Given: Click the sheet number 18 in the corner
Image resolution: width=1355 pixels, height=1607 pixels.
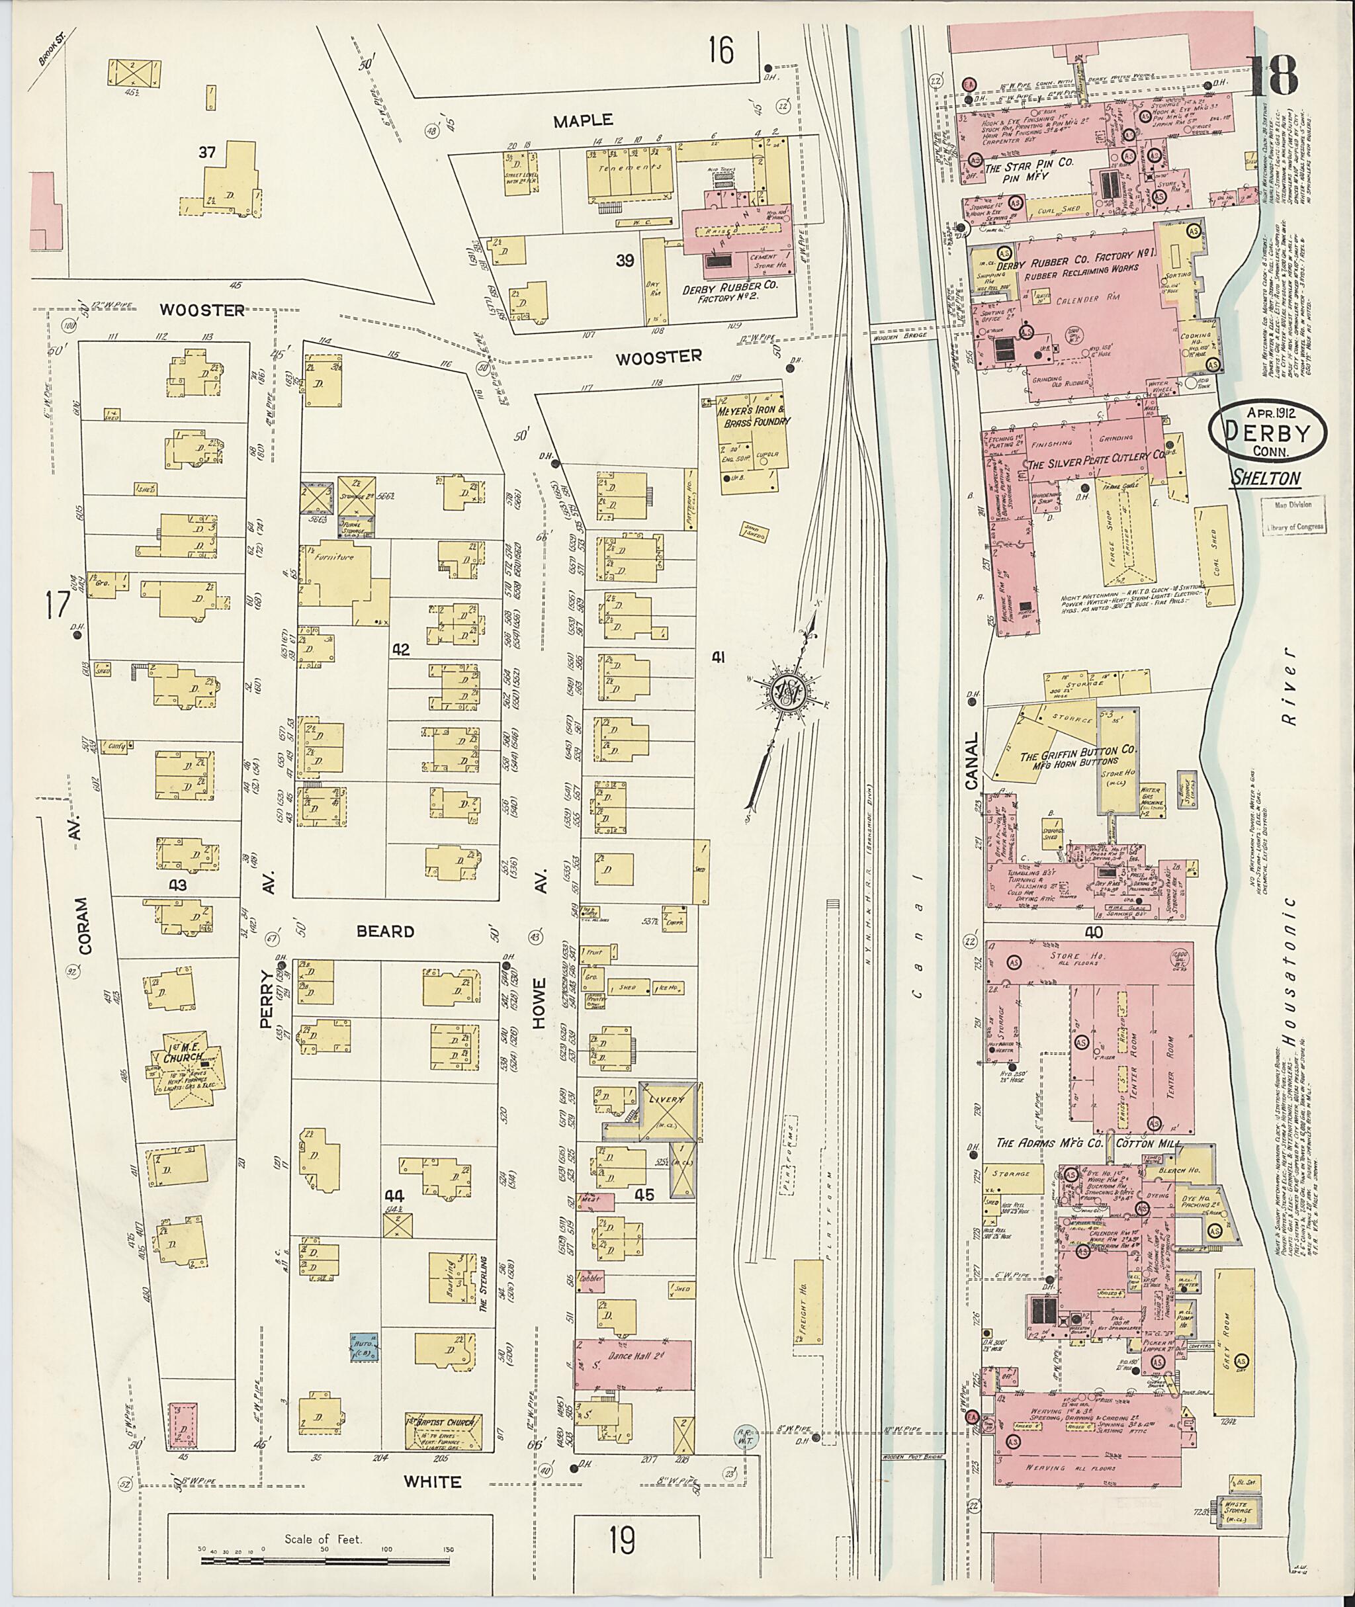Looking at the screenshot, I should (x=1274, y=77).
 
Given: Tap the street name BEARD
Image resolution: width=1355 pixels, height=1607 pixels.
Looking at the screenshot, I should (x=386, y=932).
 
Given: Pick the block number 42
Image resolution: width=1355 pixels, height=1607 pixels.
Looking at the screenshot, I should (x=400, y=650).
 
